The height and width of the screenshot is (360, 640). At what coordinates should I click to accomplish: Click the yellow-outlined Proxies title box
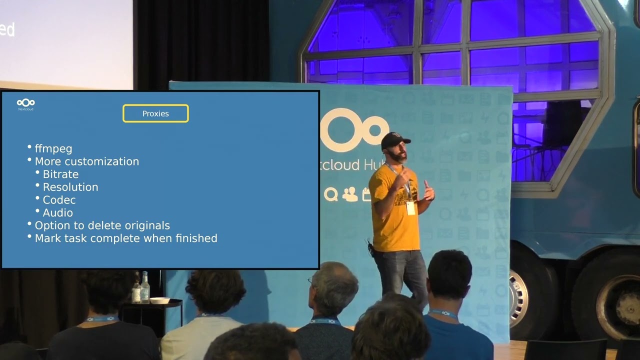(x=155, y=113)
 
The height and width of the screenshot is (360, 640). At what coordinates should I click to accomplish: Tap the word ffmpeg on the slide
(x=53, y=149)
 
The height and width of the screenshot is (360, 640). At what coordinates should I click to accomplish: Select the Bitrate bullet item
(x=60, y=174)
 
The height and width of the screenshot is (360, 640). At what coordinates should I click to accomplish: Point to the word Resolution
(x=70, y=187)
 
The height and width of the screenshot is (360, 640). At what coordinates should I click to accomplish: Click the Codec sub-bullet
(x=59, y=200)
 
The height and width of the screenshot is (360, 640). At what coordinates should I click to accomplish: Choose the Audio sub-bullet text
(x=57, y=213)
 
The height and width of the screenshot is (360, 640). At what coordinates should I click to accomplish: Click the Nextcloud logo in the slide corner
(x=25, y=104)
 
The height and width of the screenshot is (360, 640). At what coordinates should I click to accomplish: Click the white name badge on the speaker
(x=410, y=207)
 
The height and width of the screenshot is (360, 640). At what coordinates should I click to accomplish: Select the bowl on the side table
(x=159, y=300)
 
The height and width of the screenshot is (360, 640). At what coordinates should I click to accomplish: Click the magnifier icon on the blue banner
(x=330, y=194)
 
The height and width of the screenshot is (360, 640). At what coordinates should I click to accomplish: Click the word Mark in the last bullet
(x=47, y=238)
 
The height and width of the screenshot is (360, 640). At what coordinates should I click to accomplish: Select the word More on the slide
(x=48, y=161)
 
